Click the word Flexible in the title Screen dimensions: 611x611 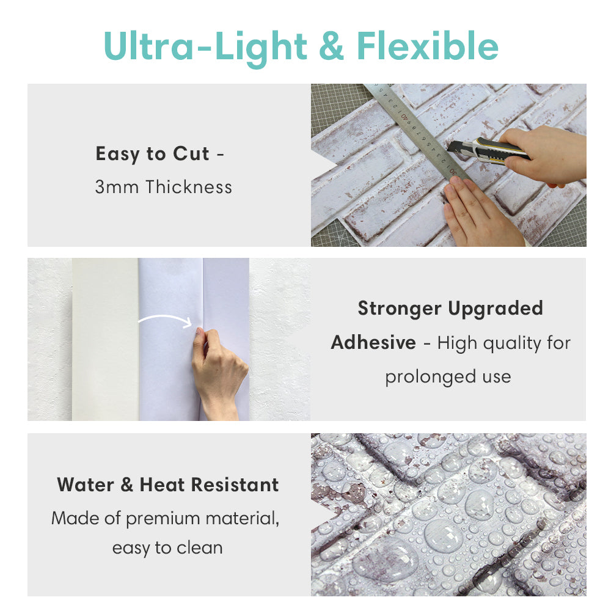(428, 46)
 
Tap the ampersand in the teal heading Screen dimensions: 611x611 (331, 46)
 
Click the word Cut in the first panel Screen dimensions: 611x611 (191, 153)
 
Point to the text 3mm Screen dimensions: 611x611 (117, 187)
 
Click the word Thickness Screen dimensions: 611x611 (189, 186)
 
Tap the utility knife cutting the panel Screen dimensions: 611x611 (489, 150)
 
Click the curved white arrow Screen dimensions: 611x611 (166, 317)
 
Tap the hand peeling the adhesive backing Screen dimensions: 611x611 (218, 372)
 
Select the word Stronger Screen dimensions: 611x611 (400, 308)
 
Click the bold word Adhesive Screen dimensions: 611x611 (373, 343)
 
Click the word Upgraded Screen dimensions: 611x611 (496, 309)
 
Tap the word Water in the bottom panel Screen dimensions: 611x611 (86, 485)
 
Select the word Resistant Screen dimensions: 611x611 (235, 485)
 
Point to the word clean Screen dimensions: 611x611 (200, 548)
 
